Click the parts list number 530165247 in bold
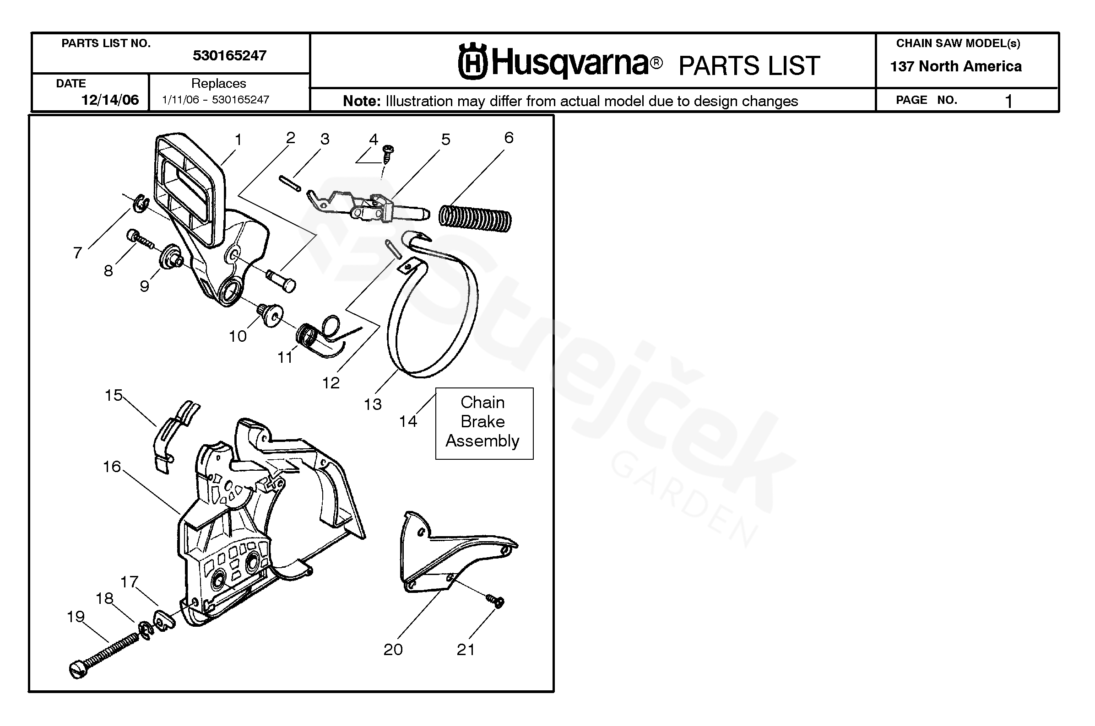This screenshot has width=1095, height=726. (229, 56)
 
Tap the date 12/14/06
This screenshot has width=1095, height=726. (110, 100)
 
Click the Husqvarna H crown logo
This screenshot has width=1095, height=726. (472, 62)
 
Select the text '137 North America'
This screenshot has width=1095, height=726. (955, 67)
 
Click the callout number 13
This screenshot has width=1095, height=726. (373, 404)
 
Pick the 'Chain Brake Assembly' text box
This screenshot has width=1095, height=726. (484, 423)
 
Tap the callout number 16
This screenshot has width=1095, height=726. (112, 467)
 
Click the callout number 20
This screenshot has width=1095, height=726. (393, 650)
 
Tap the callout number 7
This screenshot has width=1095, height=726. (77, 253)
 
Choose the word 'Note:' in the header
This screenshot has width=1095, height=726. (361, 101)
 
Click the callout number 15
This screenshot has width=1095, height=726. (114, 395)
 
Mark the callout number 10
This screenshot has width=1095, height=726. (238, 336)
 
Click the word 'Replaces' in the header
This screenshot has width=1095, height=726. (219, 83)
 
